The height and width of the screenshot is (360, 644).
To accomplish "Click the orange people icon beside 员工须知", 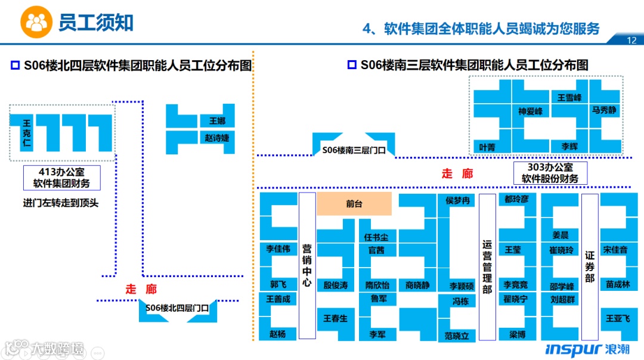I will [x=36, y=23].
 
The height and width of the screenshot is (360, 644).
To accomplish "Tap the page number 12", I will [x=632, y=41].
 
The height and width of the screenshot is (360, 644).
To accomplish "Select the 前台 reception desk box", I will [x=354, y=203].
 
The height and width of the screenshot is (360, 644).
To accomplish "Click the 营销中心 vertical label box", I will [x=306, y=265].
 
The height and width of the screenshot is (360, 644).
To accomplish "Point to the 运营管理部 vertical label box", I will [x=487, y=266].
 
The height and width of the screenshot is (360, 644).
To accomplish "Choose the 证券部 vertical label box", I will [x=590, y=266].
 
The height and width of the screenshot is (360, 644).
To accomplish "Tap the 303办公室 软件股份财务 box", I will [x=550, y=173].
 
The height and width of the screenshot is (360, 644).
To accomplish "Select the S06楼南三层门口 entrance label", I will [x=354, y=150].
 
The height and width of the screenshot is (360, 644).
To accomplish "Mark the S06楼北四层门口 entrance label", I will [x=178, y=308].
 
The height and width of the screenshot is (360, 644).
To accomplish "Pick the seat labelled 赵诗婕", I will [x=217, y=138].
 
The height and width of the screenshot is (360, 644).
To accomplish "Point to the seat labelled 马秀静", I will [x=604, y=110].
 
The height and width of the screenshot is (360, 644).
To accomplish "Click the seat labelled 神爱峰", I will [x=530, y=111].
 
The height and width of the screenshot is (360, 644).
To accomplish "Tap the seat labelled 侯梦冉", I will [x=458, y=200].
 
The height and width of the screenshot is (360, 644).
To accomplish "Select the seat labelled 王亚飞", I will [x=618, y=318].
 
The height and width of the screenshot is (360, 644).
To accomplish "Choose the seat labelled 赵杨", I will [x=277, y=334].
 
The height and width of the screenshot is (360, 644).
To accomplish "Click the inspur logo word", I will [x=573, y=349].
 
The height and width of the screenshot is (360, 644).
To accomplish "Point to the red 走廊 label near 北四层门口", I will [x=141, y=289].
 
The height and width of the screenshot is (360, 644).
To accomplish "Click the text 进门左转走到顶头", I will [x=61, y=203].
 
